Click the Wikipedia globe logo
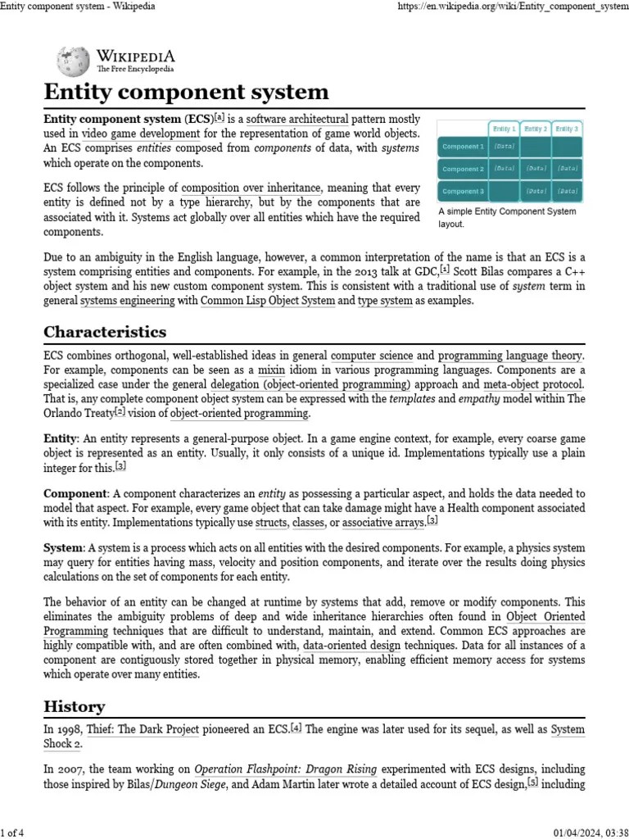tap(74, 61)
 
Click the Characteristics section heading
tap(104, 332)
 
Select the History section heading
tap(74, 705)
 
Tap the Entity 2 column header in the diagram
tap(535, 129)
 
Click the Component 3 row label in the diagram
tap(463, 191)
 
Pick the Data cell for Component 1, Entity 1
tap(504, 147)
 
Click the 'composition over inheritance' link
tap(251, 188)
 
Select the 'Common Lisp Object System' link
tap(267, 301)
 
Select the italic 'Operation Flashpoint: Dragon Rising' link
tap(285, 769)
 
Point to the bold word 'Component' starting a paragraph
tap(75, 493)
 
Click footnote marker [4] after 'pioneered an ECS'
tap(296, 727)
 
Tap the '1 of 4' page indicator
tap(12, 832)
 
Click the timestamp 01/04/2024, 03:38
tap(587, 832)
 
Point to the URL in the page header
tap(511, 7)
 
